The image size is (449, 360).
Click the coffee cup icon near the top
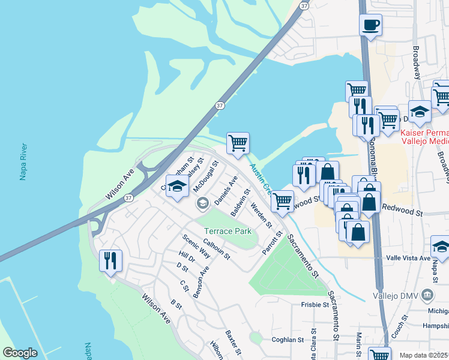pyautogui.click(x=370, y=25)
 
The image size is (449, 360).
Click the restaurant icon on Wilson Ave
pyautogui.click(x=110, y=260)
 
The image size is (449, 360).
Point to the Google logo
pyautogui.click(x=20, y=353)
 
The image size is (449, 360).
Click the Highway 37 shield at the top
pyautogui.click(x=304, y=5)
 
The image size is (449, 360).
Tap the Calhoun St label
pyautogui.click(x=216, y=248)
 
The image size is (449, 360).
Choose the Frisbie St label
pyautogui.click(x=315, y=305)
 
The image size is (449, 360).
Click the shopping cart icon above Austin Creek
pyautogui.click(x=238, y=143)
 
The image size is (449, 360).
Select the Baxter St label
pyautogui.click(x=233, y=343)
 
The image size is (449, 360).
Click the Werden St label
pyautogui.click(x=262, y=217)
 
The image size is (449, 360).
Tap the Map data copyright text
pyautogui.click(x=424, y=355)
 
